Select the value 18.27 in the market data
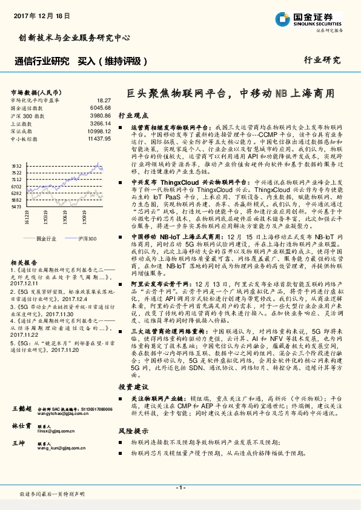coord(104,99)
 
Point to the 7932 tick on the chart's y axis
coord(16,165)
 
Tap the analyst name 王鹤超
coord(21,411)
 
